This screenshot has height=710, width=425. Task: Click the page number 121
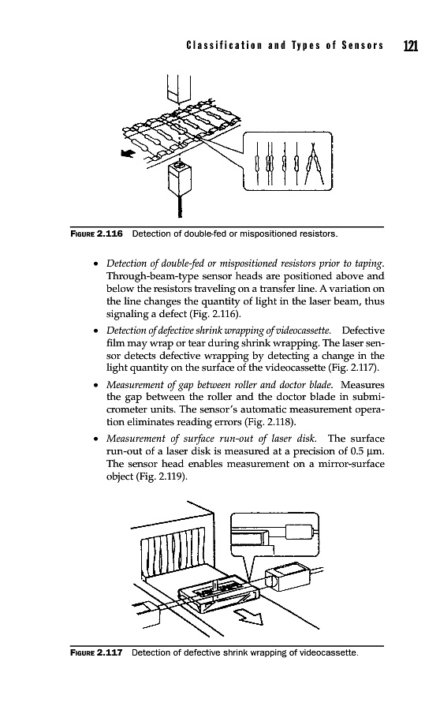[411, 46]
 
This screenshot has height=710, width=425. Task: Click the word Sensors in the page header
[363, 45]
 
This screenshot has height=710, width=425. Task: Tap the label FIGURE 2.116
[96, 234]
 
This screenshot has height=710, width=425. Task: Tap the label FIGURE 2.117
[96, 652]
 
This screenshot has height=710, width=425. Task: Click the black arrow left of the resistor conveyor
[128, 154]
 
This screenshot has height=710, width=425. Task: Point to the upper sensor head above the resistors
[179, 88]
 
